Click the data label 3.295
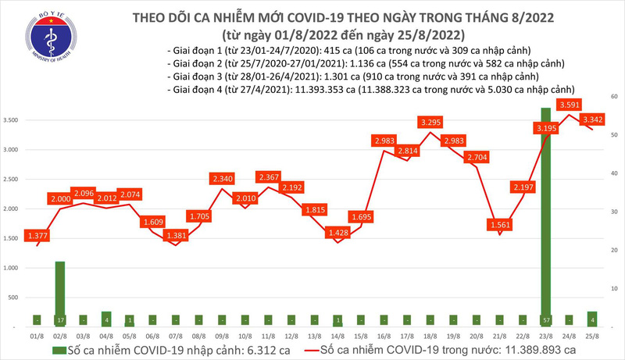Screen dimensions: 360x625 430,122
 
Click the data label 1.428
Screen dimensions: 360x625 337,232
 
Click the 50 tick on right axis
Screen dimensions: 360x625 615,135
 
